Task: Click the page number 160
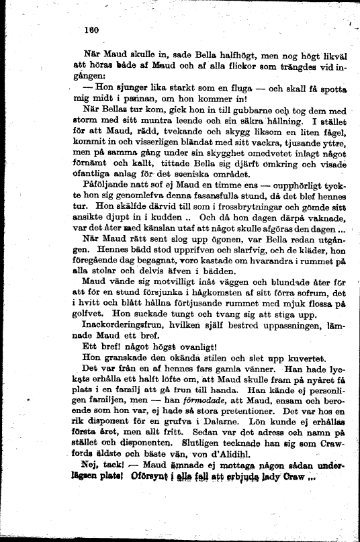click(91, 29)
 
